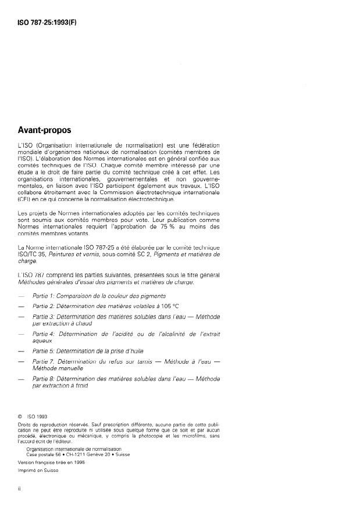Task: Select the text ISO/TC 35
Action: [34, 254]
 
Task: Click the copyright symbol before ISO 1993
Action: [20, 415]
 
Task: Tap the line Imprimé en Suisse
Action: [39, 471]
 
